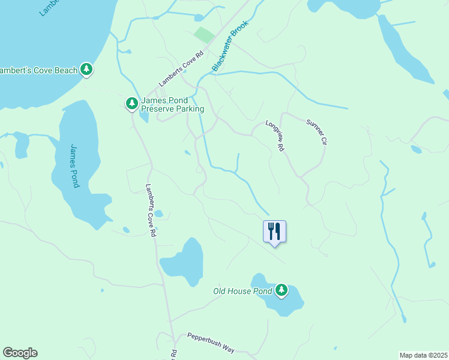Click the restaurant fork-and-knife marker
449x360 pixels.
click(x=274, y=231)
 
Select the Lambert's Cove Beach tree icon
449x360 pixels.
click(x=87, y=70)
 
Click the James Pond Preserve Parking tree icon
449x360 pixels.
click(x=132, y=104)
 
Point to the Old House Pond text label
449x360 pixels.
click(x=243, y=292)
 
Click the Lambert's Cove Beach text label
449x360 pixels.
click(x=39, y=71)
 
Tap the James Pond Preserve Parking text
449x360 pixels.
click(x=172, y=104)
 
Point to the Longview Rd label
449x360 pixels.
click(x=275, y=135)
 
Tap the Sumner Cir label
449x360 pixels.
click(x=316, y=132)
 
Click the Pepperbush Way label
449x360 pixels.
click(x=210, y=343)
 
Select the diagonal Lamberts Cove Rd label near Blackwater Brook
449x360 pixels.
click(x=182, y=69)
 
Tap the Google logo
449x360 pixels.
click(x=20, y=353)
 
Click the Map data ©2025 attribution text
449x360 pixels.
click(x=423, y=355)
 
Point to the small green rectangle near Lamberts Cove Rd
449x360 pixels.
click(x=204, y=35)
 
